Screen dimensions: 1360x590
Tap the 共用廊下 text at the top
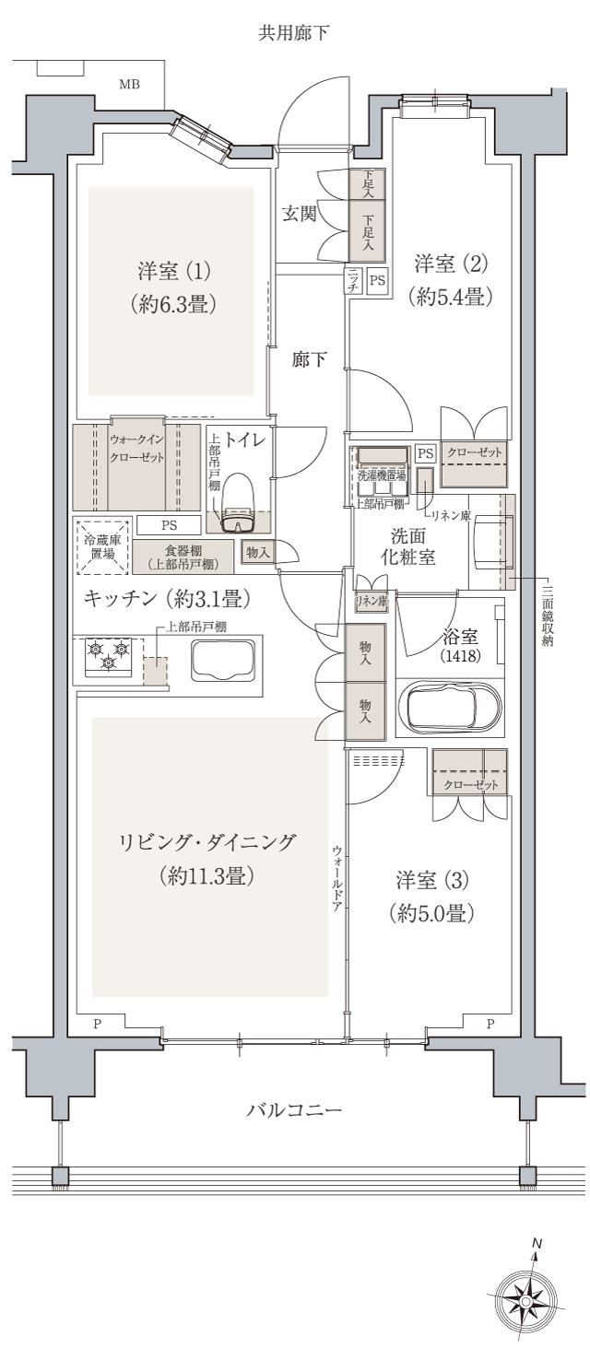[x=295, y=35]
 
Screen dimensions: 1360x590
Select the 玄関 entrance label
[x=300, y=214]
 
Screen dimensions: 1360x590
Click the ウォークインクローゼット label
[x=136, y=450]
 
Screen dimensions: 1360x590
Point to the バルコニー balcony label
[x=294, y=1109]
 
